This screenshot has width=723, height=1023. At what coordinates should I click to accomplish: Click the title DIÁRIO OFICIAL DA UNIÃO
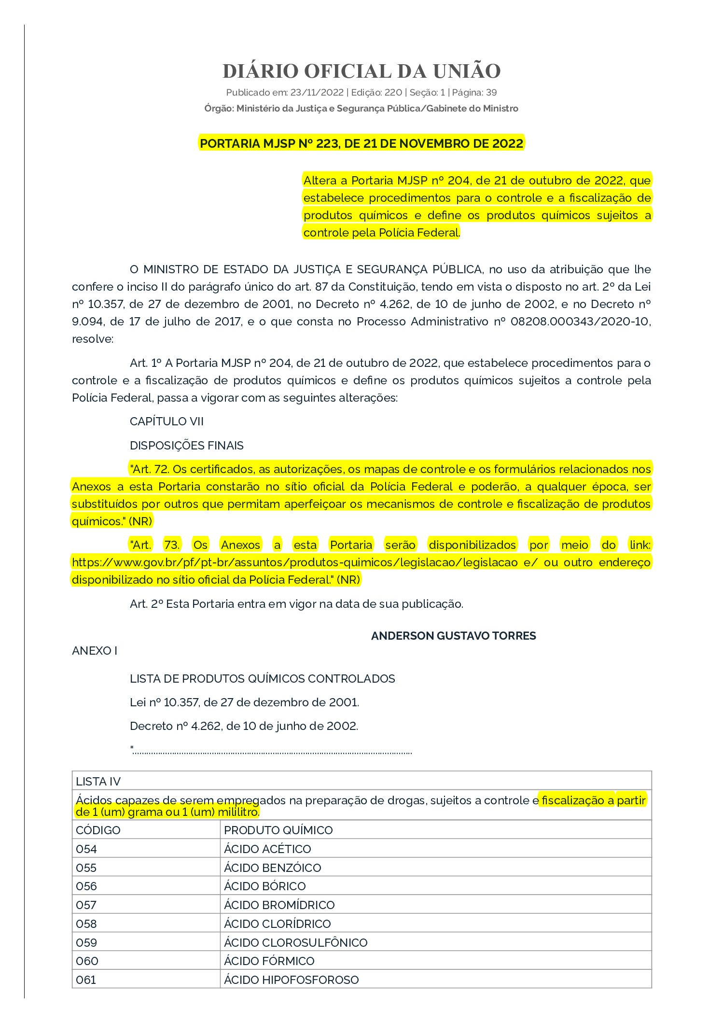click(x=361, y=71)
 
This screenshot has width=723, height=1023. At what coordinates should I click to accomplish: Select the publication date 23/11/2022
click(x=317, y=92)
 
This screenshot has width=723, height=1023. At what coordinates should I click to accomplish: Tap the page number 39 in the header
click(x=491, y=92)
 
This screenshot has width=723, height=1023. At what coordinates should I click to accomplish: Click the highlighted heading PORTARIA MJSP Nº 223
click(x=361, y=143)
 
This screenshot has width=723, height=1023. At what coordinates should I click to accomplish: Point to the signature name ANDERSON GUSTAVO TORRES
click(x=453, y=636)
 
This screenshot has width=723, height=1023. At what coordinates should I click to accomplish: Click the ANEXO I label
click(x=95, y=651)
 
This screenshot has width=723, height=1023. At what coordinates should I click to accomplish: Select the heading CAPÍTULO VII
click(x=167, y=421)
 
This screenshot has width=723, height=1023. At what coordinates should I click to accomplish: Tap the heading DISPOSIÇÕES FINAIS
click(x=187, y=445)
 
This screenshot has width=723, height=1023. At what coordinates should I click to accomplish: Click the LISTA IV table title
click(x=98, y=782)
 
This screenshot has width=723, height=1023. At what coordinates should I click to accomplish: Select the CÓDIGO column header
click(x=98, y=830)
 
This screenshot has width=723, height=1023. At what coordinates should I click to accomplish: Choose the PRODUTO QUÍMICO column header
click(x=278, y=830)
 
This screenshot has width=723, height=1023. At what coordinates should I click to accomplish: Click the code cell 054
click(x=86, y=849)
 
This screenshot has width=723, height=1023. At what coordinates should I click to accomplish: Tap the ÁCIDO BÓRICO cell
click(x=265, y=886)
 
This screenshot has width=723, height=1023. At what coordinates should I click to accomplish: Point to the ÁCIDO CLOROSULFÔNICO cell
click(x=295, y=942)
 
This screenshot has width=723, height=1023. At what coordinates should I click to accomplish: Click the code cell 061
click(x=86, y=980)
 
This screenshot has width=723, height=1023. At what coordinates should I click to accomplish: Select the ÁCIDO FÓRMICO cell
click(x=269, y=961)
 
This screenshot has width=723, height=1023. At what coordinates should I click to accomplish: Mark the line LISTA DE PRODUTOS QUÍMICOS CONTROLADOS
click(x=262, y=679)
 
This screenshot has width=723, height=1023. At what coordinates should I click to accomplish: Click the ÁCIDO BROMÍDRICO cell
click(x=279, y=905)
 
